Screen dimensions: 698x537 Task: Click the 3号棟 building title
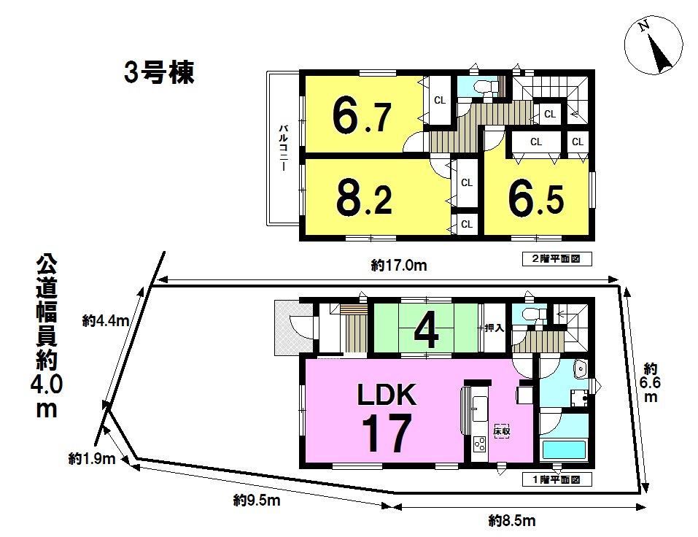pos(159,72)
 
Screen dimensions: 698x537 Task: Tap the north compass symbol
pos(654,46)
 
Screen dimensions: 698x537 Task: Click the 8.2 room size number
pos(364,200)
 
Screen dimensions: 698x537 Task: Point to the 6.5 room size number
pos(536,201)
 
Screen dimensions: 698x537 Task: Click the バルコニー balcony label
pos(283,148)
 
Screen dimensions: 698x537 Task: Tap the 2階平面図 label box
pos(557,259)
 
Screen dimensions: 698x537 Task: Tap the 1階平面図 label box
pos(557,479)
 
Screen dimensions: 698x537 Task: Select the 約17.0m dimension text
pos(399,266)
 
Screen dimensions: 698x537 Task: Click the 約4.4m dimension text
pos(106,320)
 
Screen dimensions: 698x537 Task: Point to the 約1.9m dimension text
pos(92,459)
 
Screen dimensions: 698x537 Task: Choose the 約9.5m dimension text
pos(257,501)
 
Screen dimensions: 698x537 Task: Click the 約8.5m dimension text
pos(512,520)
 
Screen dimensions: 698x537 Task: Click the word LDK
pos(387,395)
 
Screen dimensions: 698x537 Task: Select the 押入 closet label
pos(494,328)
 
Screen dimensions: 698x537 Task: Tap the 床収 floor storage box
pos(502,431)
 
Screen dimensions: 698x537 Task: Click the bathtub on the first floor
pos(564,449)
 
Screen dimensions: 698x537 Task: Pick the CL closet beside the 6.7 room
pos(440,101)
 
